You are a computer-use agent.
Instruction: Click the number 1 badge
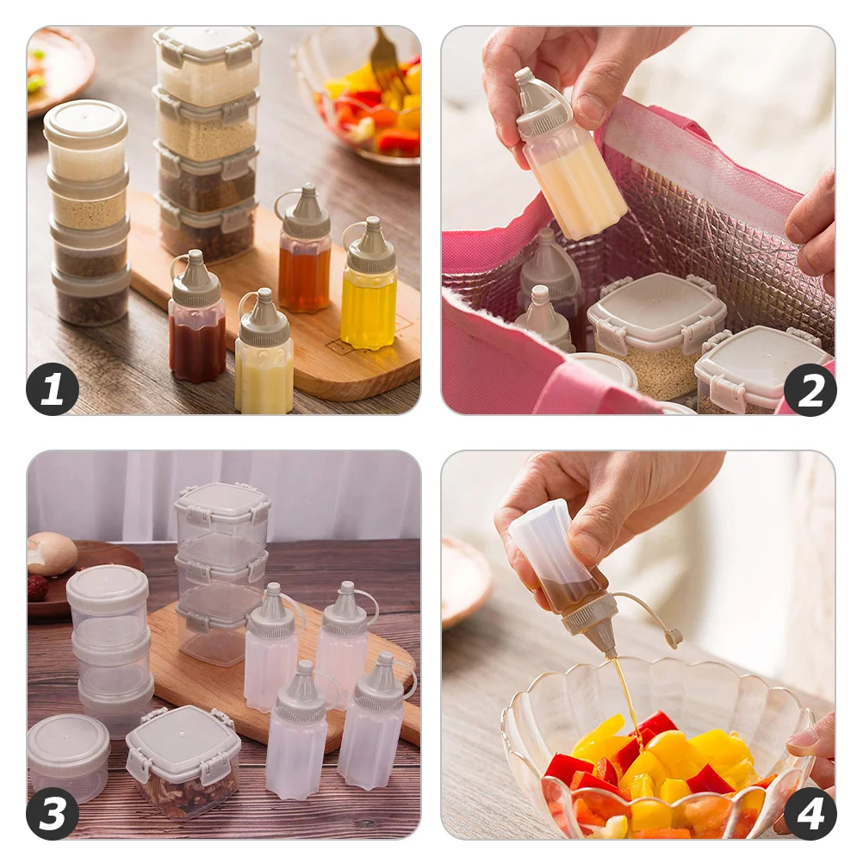click(x=53, y=390)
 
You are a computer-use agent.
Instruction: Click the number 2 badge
click(x=810, y=390)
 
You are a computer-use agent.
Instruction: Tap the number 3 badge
click(x=53, y=813)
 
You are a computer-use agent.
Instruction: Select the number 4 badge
click(x=810, y=813)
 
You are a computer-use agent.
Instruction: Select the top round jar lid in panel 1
click(x=85, y=121)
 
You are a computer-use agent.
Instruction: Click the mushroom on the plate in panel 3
click(x=51, y=553)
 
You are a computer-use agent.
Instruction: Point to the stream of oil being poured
click(x=626, y=689)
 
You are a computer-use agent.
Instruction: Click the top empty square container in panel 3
click(x=222, y=514)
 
